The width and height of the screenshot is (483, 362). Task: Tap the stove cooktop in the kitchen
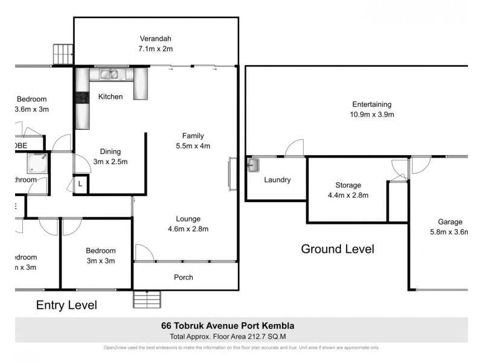coord(81,97)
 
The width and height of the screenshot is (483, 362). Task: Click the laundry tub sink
coord(252,164)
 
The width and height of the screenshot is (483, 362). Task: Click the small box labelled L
coord(81,184)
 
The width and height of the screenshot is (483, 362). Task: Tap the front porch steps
coord(147,299)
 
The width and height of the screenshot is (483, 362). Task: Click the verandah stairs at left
coord(63,54)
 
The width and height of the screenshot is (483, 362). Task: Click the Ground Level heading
coord(337,249)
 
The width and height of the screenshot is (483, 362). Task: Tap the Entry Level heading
coord(67,305)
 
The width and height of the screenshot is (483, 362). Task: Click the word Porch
coord(184,278)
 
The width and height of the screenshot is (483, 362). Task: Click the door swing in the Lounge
coord(143,253)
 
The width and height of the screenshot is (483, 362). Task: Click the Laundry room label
coord(277,180)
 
